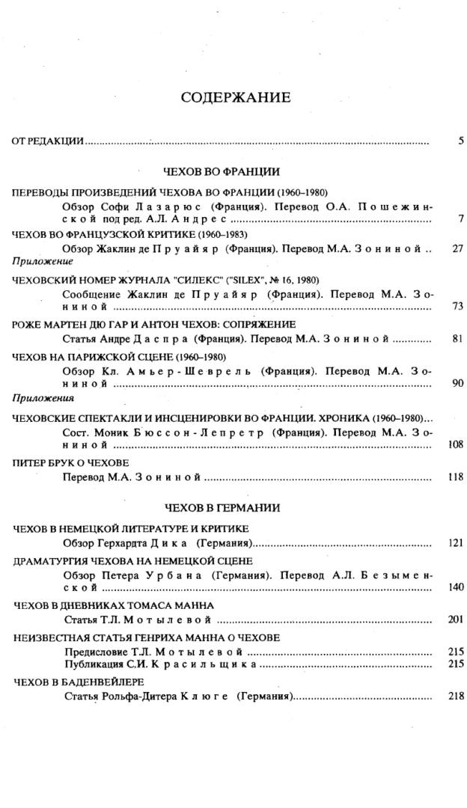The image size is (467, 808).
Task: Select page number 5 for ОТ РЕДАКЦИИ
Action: (460, 140)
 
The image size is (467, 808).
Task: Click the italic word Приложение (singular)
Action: (43, 262)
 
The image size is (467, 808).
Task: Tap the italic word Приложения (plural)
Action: (43, 399)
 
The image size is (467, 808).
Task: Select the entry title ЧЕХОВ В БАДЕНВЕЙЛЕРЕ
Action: (79, 682)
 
